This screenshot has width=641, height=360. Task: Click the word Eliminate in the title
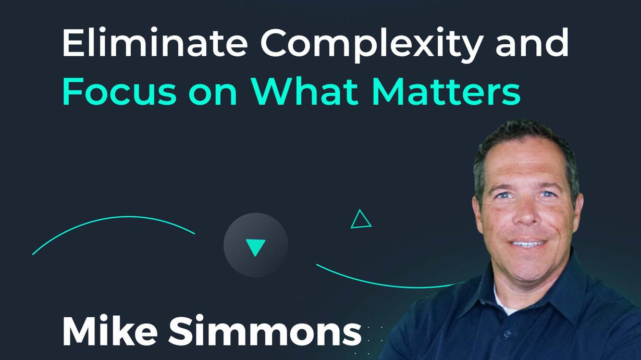155,42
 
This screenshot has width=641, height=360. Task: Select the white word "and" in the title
532,42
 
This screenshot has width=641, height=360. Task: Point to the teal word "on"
213,94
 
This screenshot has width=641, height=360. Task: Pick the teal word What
304,91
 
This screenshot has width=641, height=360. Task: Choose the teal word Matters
446,91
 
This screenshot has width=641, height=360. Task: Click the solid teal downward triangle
255,246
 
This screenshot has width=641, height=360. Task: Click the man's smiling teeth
528,244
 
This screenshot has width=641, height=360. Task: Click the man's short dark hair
524,134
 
